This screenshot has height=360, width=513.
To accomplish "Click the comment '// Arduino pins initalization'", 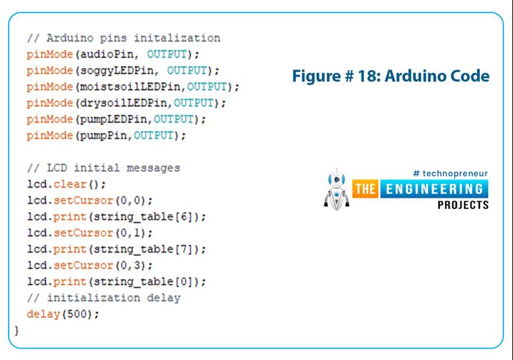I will point(124,37).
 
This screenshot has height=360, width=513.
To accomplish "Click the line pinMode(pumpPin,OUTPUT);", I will point(106,136).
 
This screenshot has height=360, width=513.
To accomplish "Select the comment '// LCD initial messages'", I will point(104,168).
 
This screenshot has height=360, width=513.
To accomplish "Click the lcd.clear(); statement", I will point(66,184).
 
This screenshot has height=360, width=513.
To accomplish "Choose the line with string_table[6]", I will point(117,217).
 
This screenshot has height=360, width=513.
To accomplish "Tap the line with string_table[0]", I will point(117,282).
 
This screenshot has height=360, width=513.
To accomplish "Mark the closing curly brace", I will point(17,331).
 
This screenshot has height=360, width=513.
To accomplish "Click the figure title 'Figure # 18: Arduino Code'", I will point(391,76).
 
